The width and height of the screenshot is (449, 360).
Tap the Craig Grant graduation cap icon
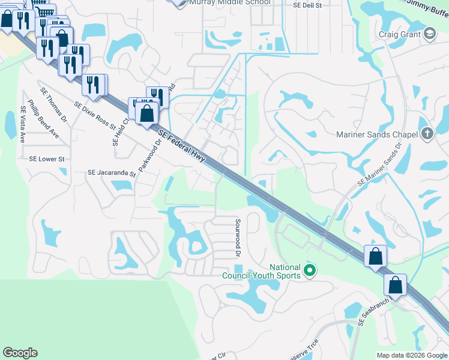[x=429, y=34]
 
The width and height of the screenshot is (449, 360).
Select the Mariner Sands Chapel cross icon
[x=427, y=134]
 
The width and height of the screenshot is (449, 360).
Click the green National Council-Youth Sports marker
[x=310, y=271]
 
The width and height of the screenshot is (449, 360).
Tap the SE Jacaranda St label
[x=112, y=173]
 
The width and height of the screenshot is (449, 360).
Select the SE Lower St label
[x=47, y=159]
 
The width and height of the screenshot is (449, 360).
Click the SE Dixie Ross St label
[x=95, y=115]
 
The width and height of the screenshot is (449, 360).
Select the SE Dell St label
[x=308, y=5]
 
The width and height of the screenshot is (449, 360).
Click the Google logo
[x=20, y=353]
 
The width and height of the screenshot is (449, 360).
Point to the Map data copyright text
[x=411, y=355]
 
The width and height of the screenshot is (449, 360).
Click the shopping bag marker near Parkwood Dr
[x=146, y=113]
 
